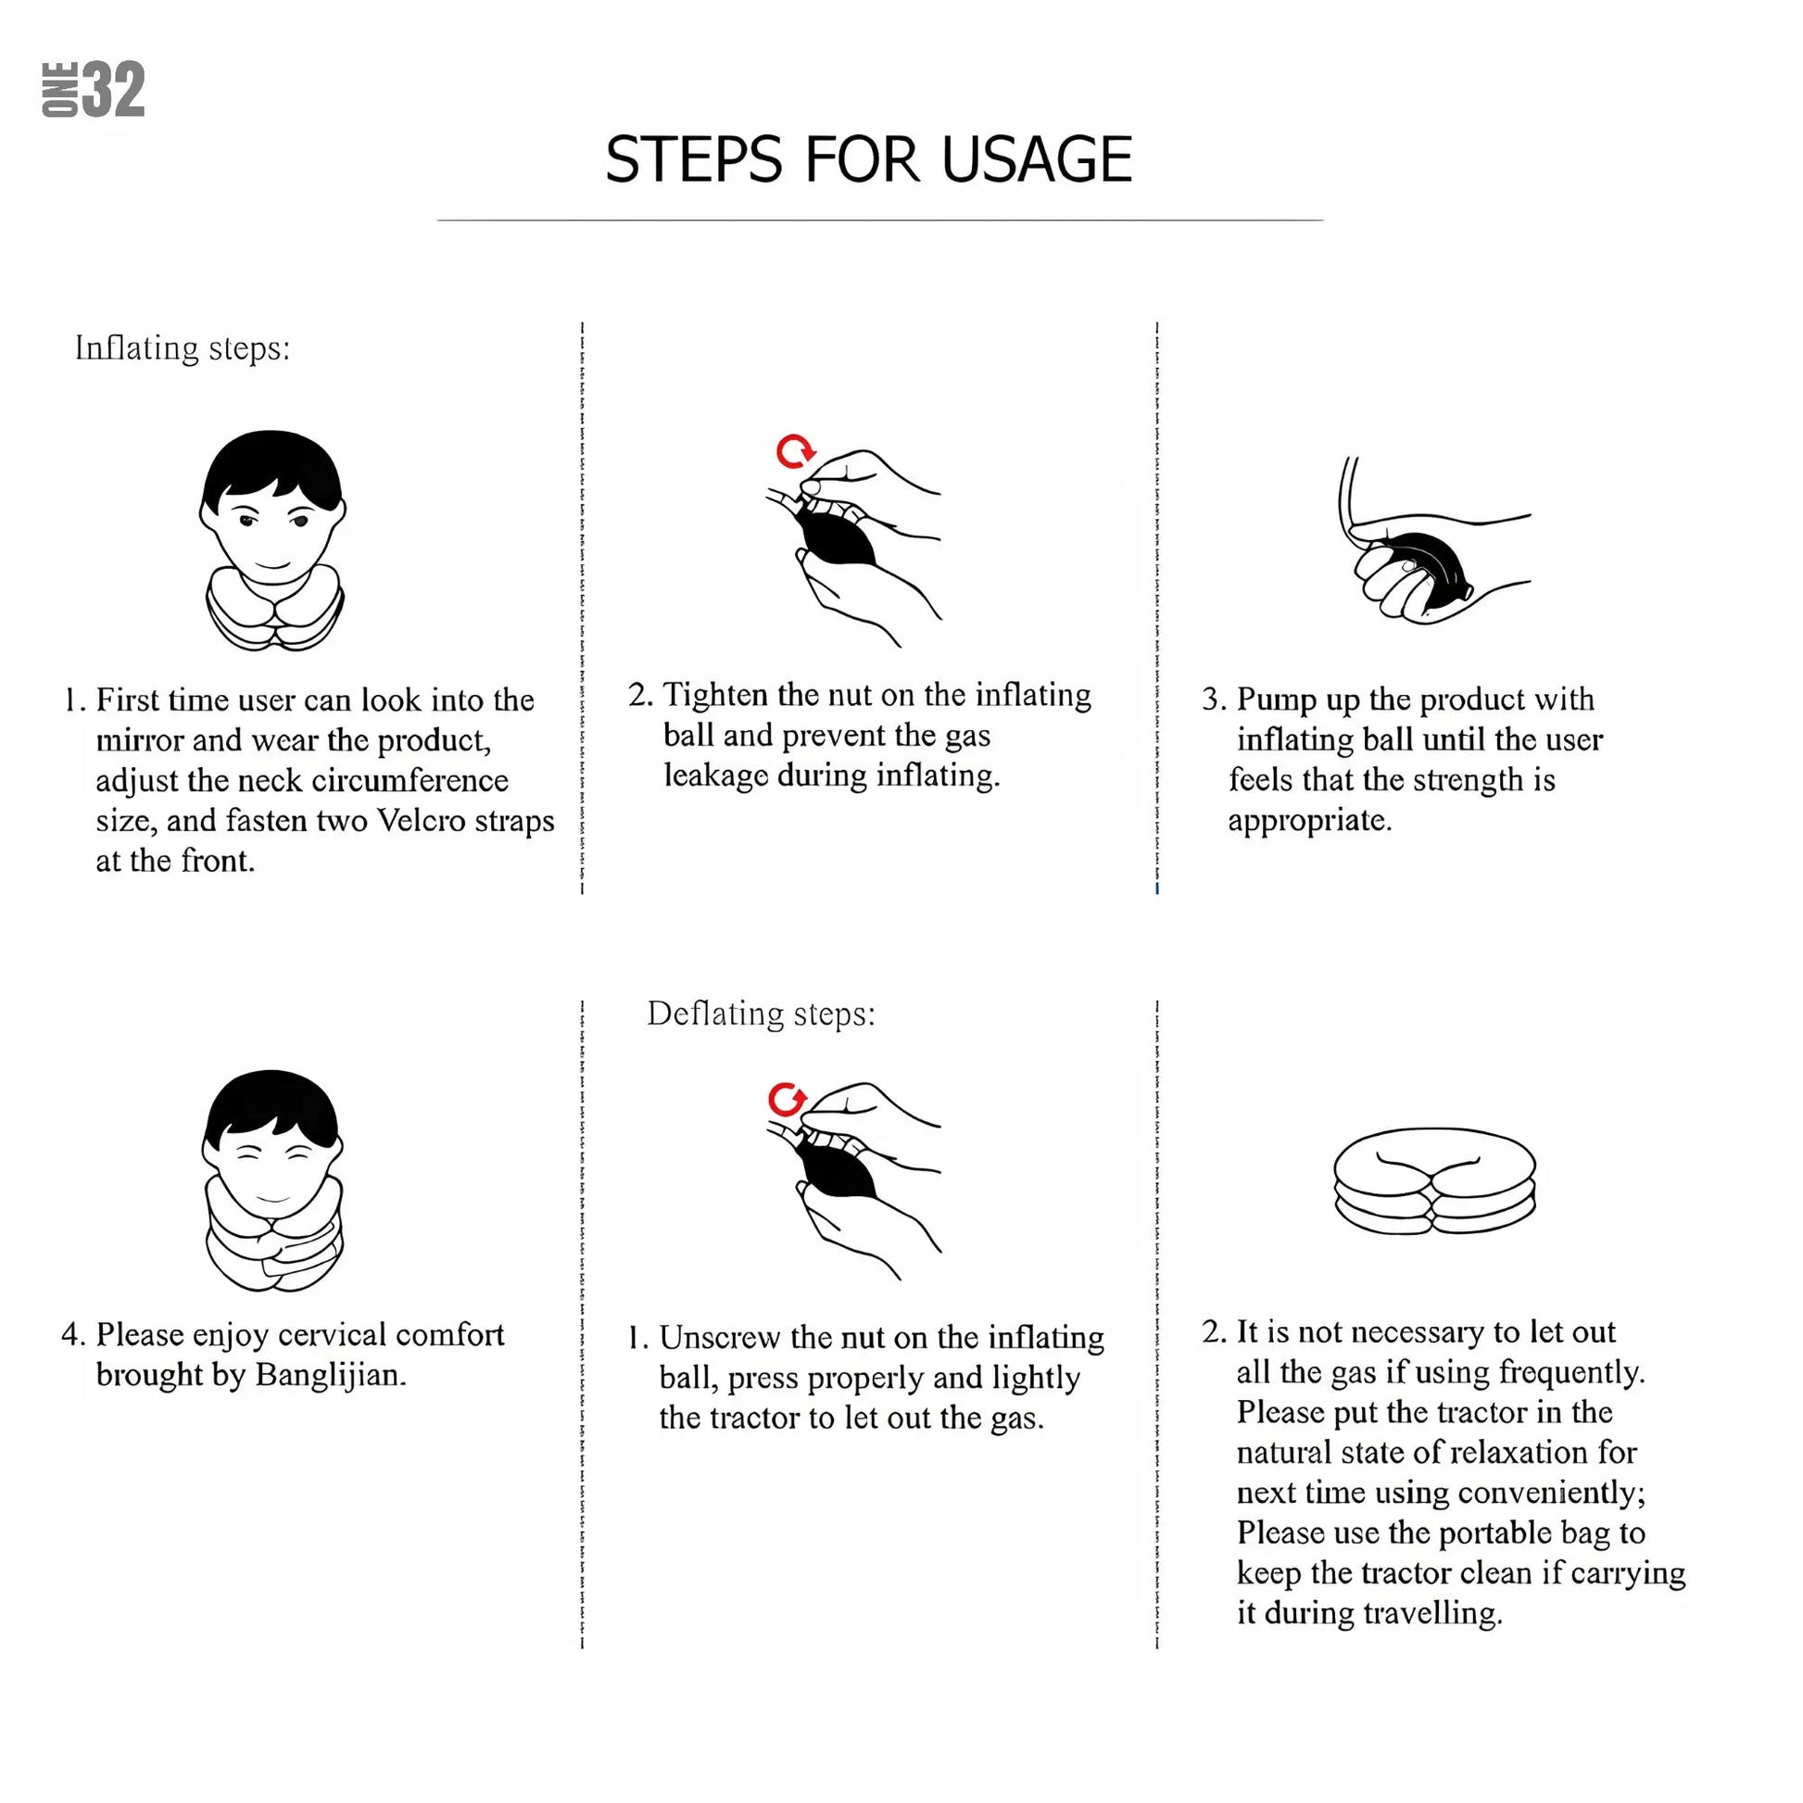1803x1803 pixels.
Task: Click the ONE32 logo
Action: [94, 90]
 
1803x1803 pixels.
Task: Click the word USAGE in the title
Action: [1036, 159]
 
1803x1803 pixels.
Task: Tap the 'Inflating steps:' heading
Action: [183, 348]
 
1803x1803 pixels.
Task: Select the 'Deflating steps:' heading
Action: [762, 1014]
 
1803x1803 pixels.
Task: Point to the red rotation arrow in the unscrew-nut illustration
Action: [788, 1101]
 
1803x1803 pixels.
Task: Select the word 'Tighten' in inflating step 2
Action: [715, 695]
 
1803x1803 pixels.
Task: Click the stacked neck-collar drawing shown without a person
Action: [1434, 1180]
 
